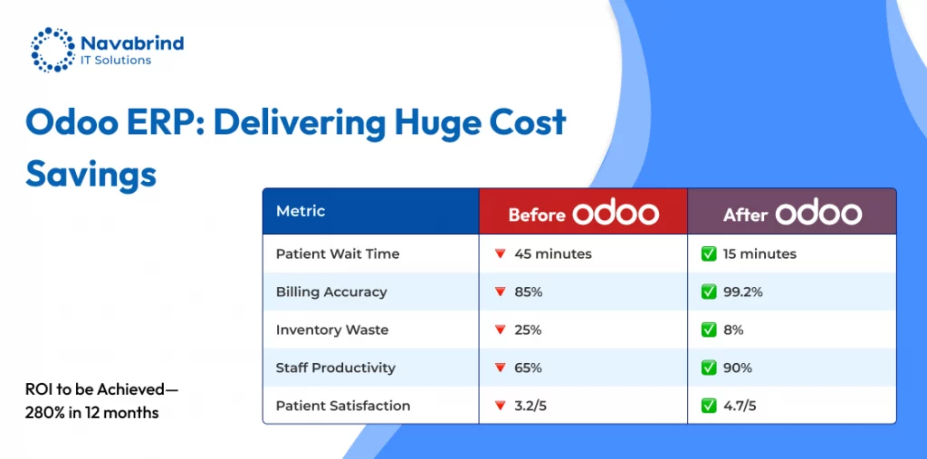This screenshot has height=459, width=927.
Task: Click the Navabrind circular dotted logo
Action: (53, 50)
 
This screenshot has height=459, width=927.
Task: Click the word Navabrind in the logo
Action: (132, 43)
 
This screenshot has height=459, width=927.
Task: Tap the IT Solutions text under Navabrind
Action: (116, 61)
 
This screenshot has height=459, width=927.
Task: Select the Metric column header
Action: (301, 211)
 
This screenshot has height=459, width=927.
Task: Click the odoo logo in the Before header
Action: (615, 213)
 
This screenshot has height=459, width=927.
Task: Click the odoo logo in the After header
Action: (818, 213)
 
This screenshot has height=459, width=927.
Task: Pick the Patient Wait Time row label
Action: (338, 253)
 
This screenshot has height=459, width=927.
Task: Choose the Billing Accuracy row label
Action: (331, 292)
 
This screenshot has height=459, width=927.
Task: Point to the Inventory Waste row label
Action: (332, 330)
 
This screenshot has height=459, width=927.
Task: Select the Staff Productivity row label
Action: (335, 368)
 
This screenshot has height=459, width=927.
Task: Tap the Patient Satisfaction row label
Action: (343, 406)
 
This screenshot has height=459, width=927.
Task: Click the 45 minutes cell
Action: (553, 253)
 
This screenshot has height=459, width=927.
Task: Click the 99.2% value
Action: (743, 292)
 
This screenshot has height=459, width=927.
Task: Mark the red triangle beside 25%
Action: (500, 330)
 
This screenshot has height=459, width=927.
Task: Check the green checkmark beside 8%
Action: (708, 330)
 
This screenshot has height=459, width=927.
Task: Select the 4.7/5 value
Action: (740, 406)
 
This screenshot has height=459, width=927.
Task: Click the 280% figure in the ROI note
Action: (41, 412)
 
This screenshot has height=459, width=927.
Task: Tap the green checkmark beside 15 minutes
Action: (708, 253)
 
